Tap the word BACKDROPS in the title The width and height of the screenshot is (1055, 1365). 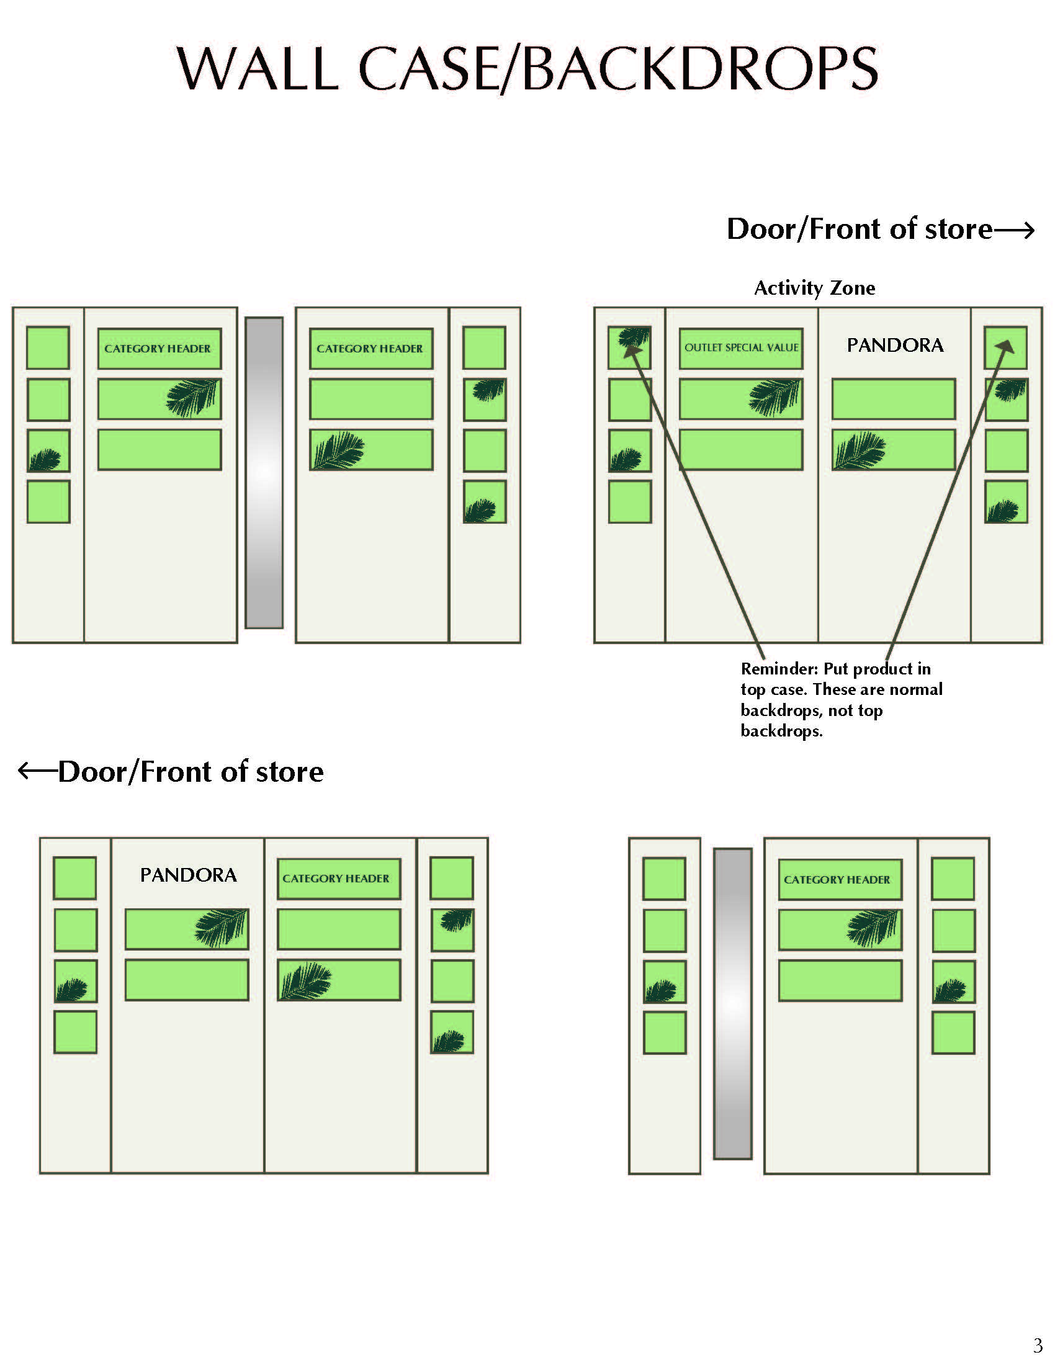tap(700, 68)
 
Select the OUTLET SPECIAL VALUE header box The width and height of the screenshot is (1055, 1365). tap(740, 348)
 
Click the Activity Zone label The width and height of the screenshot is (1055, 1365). tap(814, 288)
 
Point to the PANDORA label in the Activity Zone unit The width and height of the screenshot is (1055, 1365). tap(895, 345)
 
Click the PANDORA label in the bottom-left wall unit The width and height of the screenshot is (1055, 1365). tap(188, 875)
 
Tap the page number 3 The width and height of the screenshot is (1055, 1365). tap(1038, 1345)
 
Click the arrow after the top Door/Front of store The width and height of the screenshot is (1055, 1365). tap(1015, 231)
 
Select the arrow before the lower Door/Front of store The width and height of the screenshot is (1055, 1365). tap(37, 771)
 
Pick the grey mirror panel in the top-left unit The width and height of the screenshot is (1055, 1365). tap(264, 473)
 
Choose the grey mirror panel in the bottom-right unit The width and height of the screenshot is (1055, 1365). tap(732, 1004)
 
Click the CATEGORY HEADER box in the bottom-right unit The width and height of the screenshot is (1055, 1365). tap(840, 879)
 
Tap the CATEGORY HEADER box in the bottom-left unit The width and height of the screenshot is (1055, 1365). tap(338, 878)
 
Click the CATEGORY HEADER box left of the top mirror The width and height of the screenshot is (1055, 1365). tap(159, 348)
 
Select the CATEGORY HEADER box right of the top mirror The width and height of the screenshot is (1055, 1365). tap(370, 348)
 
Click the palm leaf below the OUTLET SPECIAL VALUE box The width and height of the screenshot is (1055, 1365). tap(774, 397)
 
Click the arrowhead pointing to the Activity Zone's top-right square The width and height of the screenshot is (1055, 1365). tap(1007, 346)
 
